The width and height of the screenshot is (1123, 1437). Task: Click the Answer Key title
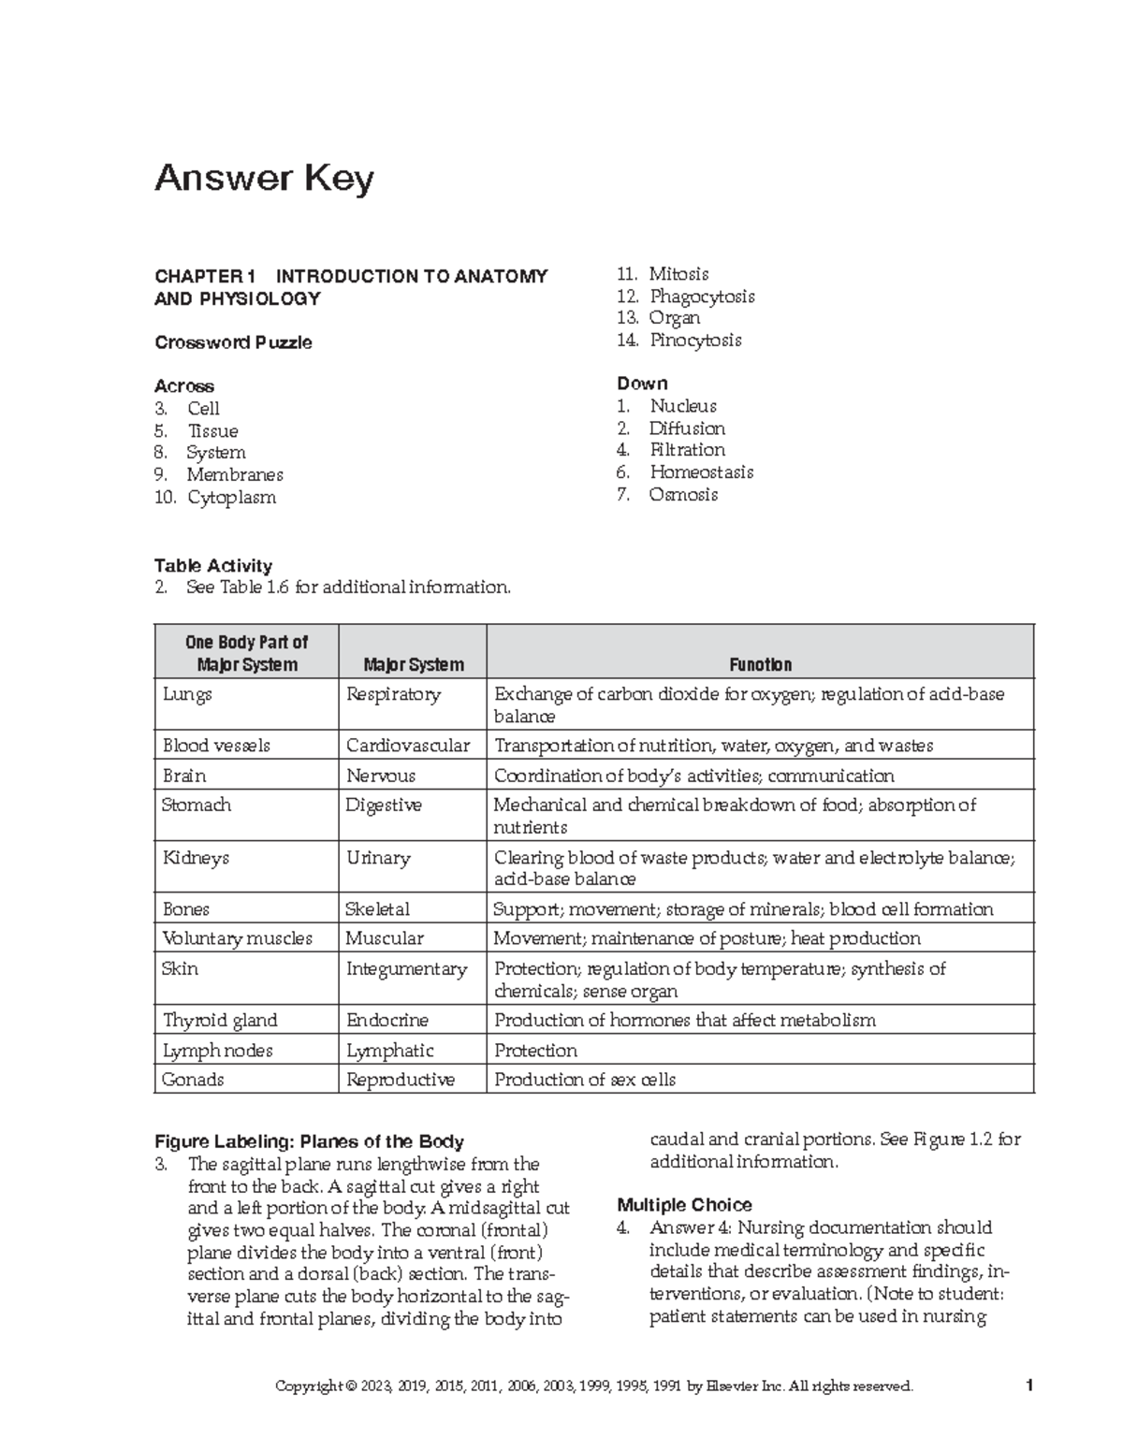(264, 178)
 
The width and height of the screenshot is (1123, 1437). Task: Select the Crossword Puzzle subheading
(233, 342)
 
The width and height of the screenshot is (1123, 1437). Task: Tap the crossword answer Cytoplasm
(231, 498)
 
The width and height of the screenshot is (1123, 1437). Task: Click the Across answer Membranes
(234, 475)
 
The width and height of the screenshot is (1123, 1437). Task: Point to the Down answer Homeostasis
(701, 472)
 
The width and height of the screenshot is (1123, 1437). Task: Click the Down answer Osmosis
(683, 495)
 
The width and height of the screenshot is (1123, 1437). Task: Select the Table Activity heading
(213, 566)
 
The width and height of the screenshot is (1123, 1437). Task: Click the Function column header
(760, 665)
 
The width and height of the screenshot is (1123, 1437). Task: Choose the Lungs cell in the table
(187, 694)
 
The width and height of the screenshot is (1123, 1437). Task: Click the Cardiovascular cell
(408, 746)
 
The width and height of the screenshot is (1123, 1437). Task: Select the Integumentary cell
(406, 969)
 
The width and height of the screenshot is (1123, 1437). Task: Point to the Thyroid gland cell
(220, 1021)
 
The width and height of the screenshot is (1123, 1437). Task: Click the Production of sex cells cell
(585, 1080)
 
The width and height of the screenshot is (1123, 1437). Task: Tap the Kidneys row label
(196, 858)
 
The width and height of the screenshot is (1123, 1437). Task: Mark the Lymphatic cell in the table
(390, 1051)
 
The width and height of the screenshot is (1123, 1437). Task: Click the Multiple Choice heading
(685, 1205)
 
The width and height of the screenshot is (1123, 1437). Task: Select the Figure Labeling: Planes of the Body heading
(309, 1141)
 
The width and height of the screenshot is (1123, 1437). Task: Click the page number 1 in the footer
(1028, 1386)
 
